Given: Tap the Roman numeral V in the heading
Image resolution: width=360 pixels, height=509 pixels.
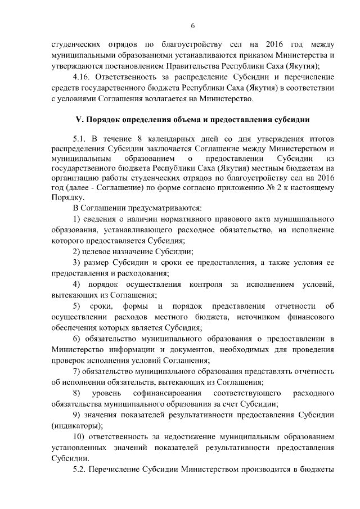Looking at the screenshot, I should [x=79, y=120].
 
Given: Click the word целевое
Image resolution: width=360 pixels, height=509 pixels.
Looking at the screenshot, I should [x=101, y=251].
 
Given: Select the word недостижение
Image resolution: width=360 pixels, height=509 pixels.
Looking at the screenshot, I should [x=187, y=436].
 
